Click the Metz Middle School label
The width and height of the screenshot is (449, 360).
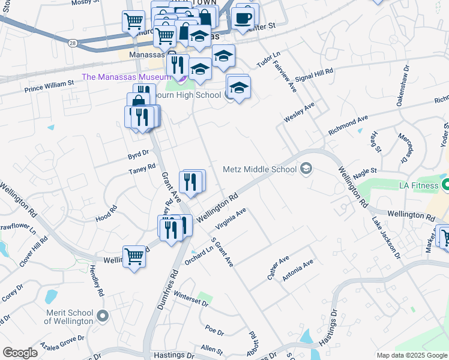[x=259, y=169]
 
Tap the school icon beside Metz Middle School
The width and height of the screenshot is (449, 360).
[x=306, y=169]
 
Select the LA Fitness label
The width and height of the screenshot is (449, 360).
[x=418, y=185]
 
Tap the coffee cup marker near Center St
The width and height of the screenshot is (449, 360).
[x=243, y=18]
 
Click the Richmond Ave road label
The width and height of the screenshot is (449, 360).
[x=348, y=125]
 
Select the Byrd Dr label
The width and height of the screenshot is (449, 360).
[x=137, y=154]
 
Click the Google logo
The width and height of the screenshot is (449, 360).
[x=20, y=353]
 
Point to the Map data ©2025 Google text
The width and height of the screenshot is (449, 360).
[x=412, y=355]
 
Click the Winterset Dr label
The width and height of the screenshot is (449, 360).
[x=191, y=299]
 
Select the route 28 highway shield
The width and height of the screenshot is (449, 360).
[x=72, y=44]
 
